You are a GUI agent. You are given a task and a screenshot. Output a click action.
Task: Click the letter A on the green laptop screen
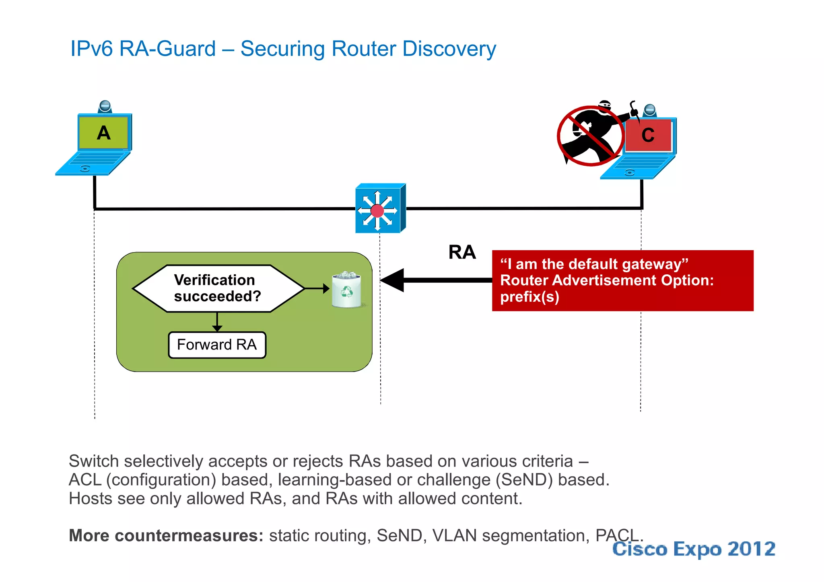click(x=103, y=133)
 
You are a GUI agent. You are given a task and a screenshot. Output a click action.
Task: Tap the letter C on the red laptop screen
click(x=648, y=135)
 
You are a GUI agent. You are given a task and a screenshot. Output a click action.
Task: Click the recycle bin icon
click(x=346, y=290)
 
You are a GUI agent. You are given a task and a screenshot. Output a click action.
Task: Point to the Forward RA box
click(x=217, y=345)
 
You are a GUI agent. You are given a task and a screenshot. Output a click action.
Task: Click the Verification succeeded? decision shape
click(x=217, y=288)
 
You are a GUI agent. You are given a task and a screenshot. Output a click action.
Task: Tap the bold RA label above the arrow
click(x=462, y=252)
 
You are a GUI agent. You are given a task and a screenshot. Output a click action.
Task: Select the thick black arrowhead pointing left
click(x=393, y=280)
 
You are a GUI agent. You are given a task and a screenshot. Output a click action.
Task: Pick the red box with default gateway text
click(x=622, y=280)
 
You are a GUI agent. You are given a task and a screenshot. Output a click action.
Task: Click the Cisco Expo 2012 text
click(x=694, y=549)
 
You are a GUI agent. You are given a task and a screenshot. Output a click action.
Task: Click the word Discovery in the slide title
click(x=449, y=49)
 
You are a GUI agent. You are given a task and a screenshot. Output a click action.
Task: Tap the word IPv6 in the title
click(x=92, y=49)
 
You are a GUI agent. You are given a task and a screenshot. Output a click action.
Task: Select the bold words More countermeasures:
click(x=166, y=535)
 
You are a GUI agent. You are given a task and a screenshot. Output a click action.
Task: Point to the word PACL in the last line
click(x=618, y=535)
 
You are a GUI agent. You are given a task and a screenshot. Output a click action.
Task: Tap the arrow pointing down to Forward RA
click(x=217, y=323)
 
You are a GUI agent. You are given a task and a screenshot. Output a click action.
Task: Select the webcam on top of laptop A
click(x=105, y=107)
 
